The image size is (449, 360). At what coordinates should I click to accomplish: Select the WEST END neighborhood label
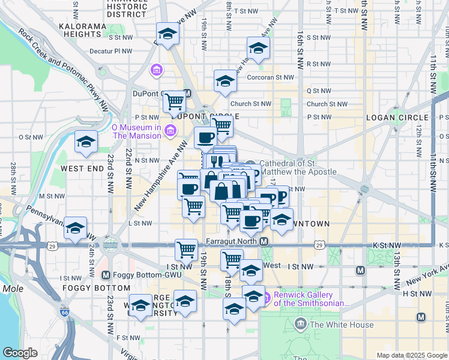pos(82,169)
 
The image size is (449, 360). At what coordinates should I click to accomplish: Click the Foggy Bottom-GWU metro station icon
pos(106,275)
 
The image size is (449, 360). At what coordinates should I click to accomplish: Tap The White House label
pos(342,325)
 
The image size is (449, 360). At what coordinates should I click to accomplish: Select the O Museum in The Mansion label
pos(136,131)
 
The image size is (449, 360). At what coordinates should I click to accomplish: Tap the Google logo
pos(20,353)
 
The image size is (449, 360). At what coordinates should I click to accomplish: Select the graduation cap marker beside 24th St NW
pos(76,229)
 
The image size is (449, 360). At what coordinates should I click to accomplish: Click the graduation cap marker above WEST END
pos(86,143)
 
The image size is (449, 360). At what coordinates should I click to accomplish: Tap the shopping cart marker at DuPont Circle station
pos(174,101)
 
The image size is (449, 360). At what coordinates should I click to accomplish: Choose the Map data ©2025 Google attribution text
pos(411,355)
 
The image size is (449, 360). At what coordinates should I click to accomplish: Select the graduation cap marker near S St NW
pos(258,49)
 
